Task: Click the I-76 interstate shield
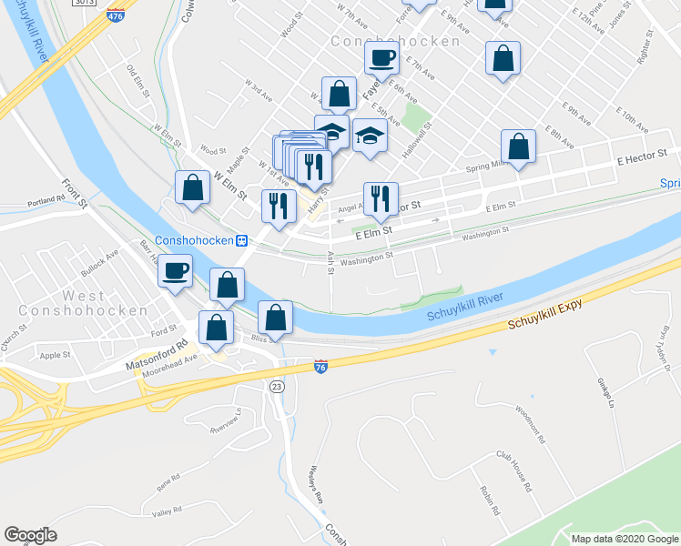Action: (320, 366)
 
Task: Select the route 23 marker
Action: (276, 386)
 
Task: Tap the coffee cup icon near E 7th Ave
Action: (381, 58)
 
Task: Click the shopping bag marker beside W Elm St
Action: (192, 189)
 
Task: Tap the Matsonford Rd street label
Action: (162, 346)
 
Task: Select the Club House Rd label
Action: (513, 470)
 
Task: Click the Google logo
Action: (30, 535)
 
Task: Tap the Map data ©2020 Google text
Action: (625, 539)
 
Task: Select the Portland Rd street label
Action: (46, 199)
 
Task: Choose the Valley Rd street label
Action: (168, 512)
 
